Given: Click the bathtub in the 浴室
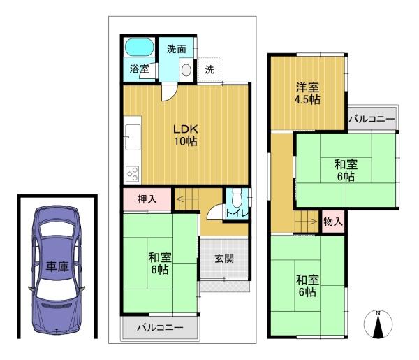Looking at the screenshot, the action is tap(139, 47).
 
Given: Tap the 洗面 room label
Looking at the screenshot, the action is tap(177, 49).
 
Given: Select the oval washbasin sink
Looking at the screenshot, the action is tap(186, 70).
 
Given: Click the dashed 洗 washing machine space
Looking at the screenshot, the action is tap(209, 69).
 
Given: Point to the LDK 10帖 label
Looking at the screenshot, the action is tap(186, 135).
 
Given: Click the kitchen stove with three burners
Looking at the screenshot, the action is tap(133, 174).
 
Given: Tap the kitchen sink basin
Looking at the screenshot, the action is tap(133, 137).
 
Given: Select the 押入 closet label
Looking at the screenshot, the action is tap(147, 199).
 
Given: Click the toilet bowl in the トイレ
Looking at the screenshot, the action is tap(236, 199).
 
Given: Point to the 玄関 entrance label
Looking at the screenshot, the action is tap(224, 259).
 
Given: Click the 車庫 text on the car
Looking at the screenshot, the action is tap(57, 266).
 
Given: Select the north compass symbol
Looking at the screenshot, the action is tap(378, 324).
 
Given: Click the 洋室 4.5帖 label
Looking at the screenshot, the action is tap(307, 94).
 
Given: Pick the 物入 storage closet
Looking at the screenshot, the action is tap(333, 222).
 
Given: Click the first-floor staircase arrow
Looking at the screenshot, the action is tap(186, 199).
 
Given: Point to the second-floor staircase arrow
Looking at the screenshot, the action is tap(307, 221).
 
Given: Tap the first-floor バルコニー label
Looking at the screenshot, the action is tap(161, 327).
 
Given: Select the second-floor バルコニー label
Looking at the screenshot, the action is tap(372, 119).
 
